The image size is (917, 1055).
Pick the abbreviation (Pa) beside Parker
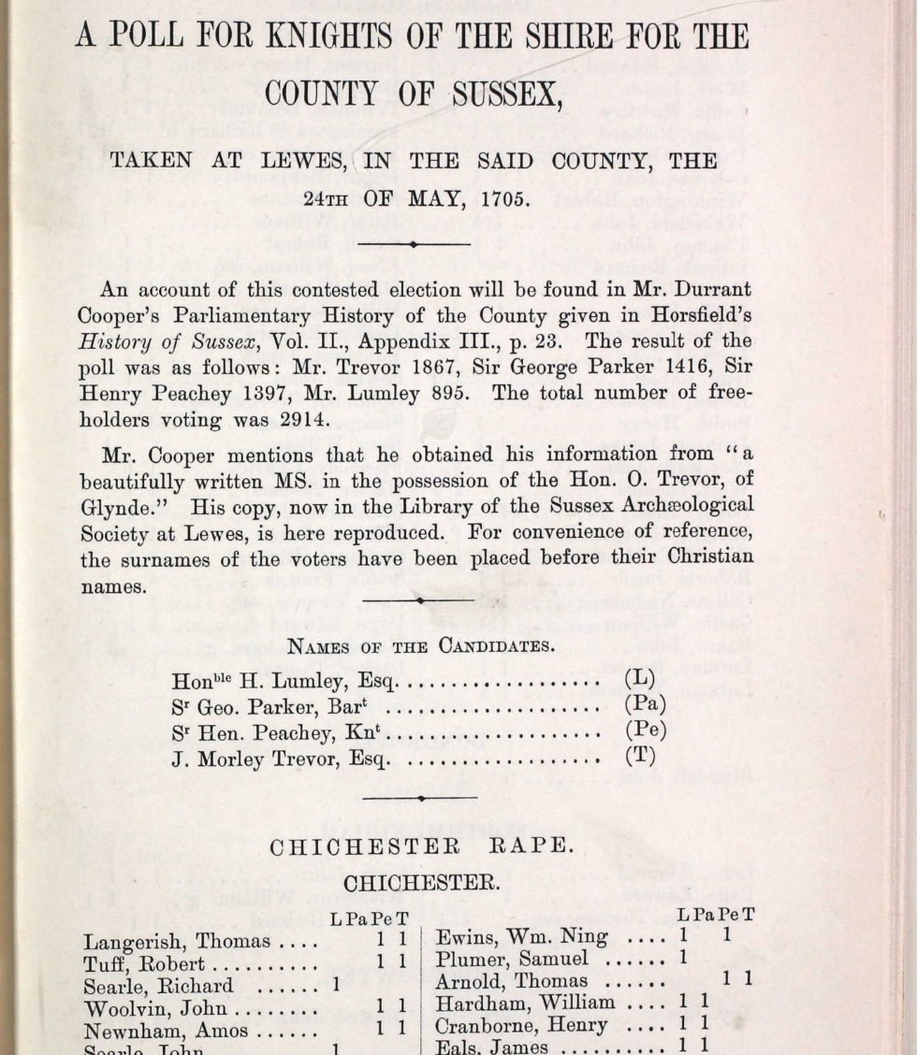(x=645, y=705)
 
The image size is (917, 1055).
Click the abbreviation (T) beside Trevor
(x=640, y=757)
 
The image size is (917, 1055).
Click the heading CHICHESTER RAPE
(x=419, y=845)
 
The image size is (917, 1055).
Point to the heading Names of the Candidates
(x=420, y=646)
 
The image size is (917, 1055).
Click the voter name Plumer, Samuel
(x=512, y=959)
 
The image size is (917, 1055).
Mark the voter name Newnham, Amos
(x=166, y=1032)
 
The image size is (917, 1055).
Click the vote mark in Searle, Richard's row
(x=335, y=986)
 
